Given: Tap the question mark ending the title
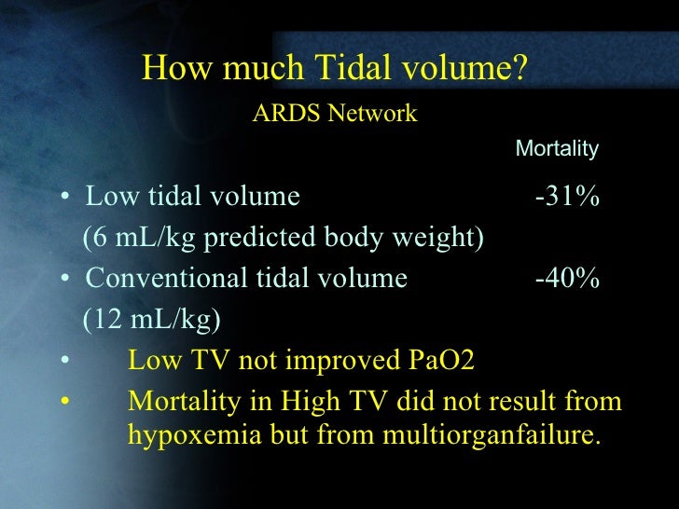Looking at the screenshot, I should pyautogui.click(x=522, y=68).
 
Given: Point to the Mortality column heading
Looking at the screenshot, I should pyautogui.click(x=557, y=149).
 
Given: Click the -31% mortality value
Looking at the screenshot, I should pyautogui.click(x=566, y=198).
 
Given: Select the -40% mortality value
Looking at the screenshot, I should pyautogui.click(x=566, y=279).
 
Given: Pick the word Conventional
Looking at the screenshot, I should pyautogui.click(x=164, y=279).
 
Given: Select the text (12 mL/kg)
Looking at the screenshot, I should pyautogui.click(x=151, y=320).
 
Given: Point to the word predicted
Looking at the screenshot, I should pyautogui.click(x=263, y=239).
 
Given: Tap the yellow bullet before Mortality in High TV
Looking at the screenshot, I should pyautogui.click(x=66, y=402).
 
